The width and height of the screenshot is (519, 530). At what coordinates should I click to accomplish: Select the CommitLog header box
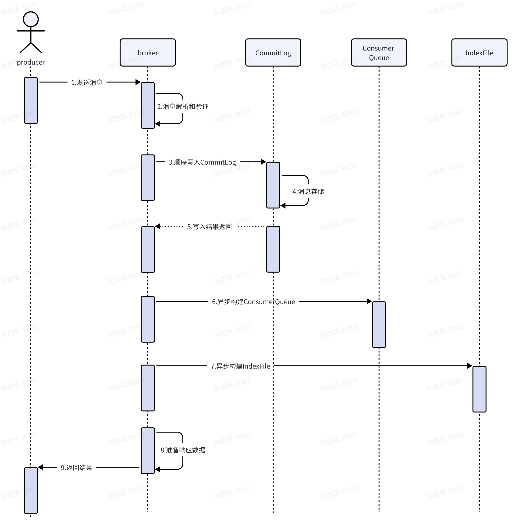(x=273, y=52)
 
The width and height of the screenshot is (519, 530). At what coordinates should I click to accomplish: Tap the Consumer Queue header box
(x=379, y=52)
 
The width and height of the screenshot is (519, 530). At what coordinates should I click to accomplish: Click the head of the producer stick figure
(x=31, y=19)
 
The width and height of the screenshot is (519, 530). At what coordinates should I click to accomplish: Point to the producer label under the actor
(x=31, y=62)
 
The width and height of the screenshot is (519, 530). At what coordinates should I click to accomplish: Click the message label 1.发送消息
(x=87, y=82)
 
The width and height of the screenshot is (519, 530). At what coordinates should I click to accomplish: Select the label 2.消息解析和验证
(x=183, y=107)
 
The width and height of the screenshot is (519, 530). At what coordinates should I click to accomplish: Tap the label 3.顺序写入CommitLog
(x=202, y=162)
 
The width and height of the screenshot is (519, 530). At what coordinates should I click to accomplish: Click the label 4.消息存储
(x=308, y=191)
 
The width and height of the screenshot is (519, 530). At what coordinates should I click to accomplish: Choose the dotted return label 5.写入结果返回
(x=209, y=227)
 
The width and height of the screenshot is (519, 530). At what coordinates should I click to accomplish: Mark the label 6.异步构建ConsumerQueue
(x=253, y=302)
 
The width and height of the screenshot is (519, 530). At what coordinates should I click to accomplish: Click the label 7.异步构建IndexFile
(x=240, y=366)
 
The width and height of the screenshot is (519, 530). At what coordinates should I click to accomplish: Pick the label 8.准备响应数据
(x=183, y=450)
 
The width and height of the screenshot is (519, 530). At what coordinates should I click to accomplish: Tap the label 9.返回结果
(x=76, y=468)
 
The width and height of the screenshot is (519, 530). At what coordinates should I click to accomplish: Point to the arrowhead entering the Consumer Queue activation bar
(x=369, y=301)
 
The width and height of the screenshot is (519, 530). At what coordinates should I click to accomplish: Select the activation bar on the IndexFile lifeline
(x=479, y=389)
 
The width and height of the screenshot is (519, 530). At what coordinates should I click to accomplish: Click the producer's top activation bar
(x=31, y=100)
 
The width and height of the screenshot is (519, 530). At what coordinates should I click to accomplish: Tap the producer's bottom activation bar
(x=31, y=490)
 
